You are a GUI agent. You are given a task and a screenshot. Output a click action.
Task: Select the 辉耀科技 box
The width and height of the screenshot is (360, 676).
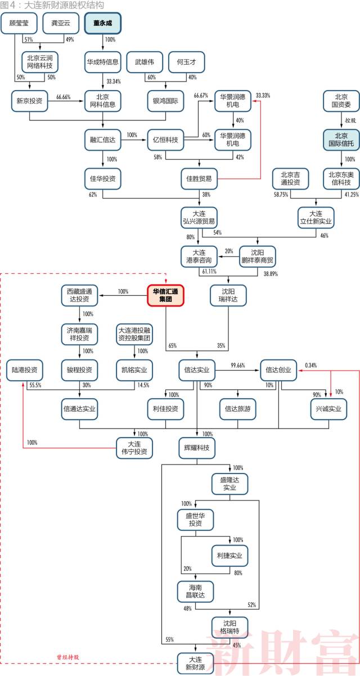pos(197,447)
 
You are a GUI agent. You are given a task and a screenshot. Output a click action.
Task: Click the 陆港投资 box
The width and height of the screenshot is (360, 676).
pos(25,370)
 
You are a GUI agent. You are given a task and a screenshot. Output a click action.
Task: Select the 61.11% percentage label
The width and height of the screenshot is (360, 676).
pos(209,272)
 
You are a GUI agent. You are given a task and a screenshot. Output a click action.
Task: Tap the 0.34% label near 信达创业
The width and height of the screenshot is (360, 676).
pos(310,365)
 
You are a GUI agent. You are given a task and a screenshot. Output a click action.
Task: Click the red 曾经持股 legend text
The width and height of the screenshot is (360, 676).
pos(68,656)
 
